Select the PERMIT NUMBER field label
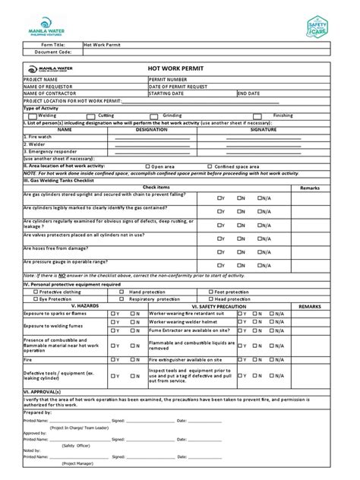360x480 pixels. point(171,79)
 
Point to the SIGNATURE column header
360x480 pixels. point(261,130)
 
